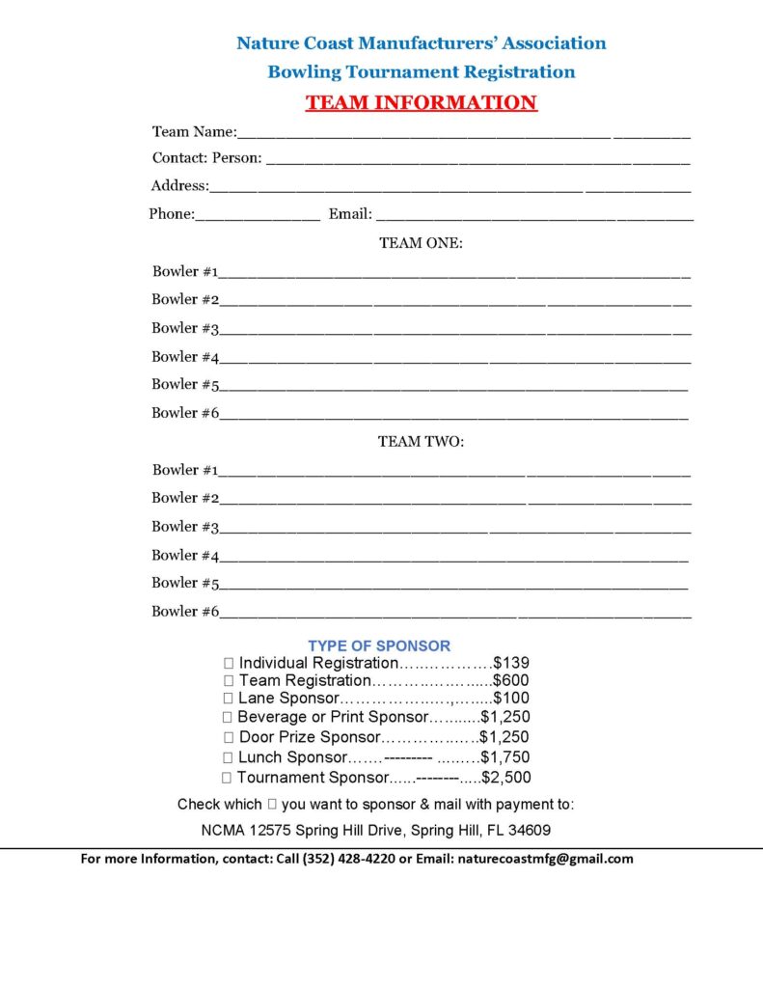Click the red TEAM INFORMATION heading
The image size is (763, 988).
click(x=421, y=103)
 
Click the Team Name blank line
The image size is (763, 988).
click(x=463, y=134)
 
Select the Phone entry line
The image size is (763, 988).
click(x=258, y=217)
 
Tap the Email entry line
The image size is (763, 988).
click(x=533, y=217)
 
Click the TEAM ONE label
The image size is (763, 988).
click(x=421, y=243)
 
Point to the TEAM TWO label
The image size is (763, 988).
click(x=421, y=442)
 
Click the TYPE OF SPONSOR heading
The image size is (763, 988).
click(x=379, y=645)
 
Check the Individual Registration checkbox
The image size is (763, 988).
click(x=229, y=664)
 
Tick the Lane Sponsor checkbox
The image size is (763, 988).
click(x=229, y=698)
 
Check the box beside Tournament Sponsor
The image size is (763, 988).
click(x=227, y=778)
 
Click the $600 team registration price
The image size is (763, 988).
click(x=511, y=680)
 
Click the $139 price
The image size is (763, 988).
click(x=511, y=664)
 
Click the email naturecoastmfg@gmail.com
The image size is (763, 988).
click(x=545, y=859)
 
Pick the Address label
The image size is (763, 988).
click(x=178, y=186)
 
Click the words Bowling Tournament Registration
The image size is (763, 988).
click(x=421, y=72)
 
